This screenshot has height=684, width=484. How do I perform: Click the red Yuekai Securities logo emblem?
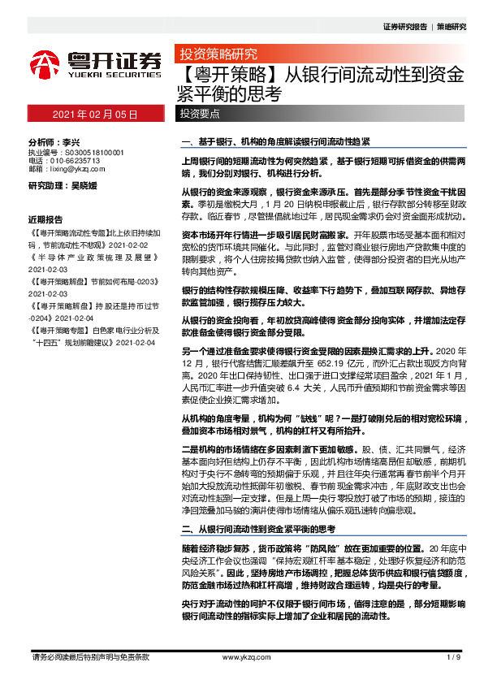[44, 64]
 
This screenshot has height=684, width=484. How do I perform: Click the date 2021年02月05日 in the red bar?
[96, 115]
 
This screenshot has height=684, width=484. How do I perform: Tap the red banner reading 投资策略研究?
[218, 55]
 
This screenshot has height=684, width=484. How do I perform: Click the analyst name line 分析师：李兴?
[54, 141]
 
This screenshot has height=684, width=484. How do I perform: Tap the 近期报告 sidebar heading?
[45, 220]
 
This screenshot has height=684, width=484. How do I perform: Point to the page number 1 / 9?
[454, 656]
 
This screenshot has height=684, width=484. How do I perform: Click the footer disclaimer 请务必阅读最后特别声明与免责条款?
[89, 656]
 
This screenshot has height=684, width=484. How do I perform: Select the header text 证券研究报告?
[404, 27]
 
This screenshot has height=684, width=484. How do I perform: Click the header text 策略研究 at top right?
[452, 27]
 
